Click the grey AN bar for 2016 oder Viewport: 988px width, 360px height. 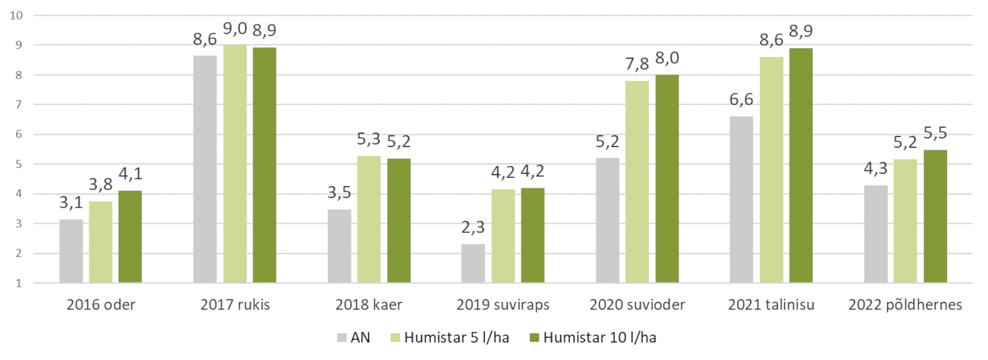coord(71,251)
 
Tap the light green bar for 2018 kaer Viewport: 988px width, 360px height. coord(369,220)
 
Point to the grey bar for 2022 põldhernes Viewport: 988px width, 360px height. coord(876,234)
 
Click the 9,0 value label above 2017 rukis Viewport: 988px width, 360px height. coord(236,30)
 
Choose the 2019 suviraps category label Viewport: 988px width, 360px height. coord(503,306)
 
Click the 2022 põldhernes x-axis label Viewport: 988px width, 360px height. coord(905,306)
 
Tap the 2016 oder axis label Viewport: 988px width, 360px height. coord(101,306)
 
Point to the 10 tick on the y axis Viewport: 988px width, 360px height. coord(18,16)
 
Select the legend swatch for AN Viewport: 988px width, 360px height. coord(342,338)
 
